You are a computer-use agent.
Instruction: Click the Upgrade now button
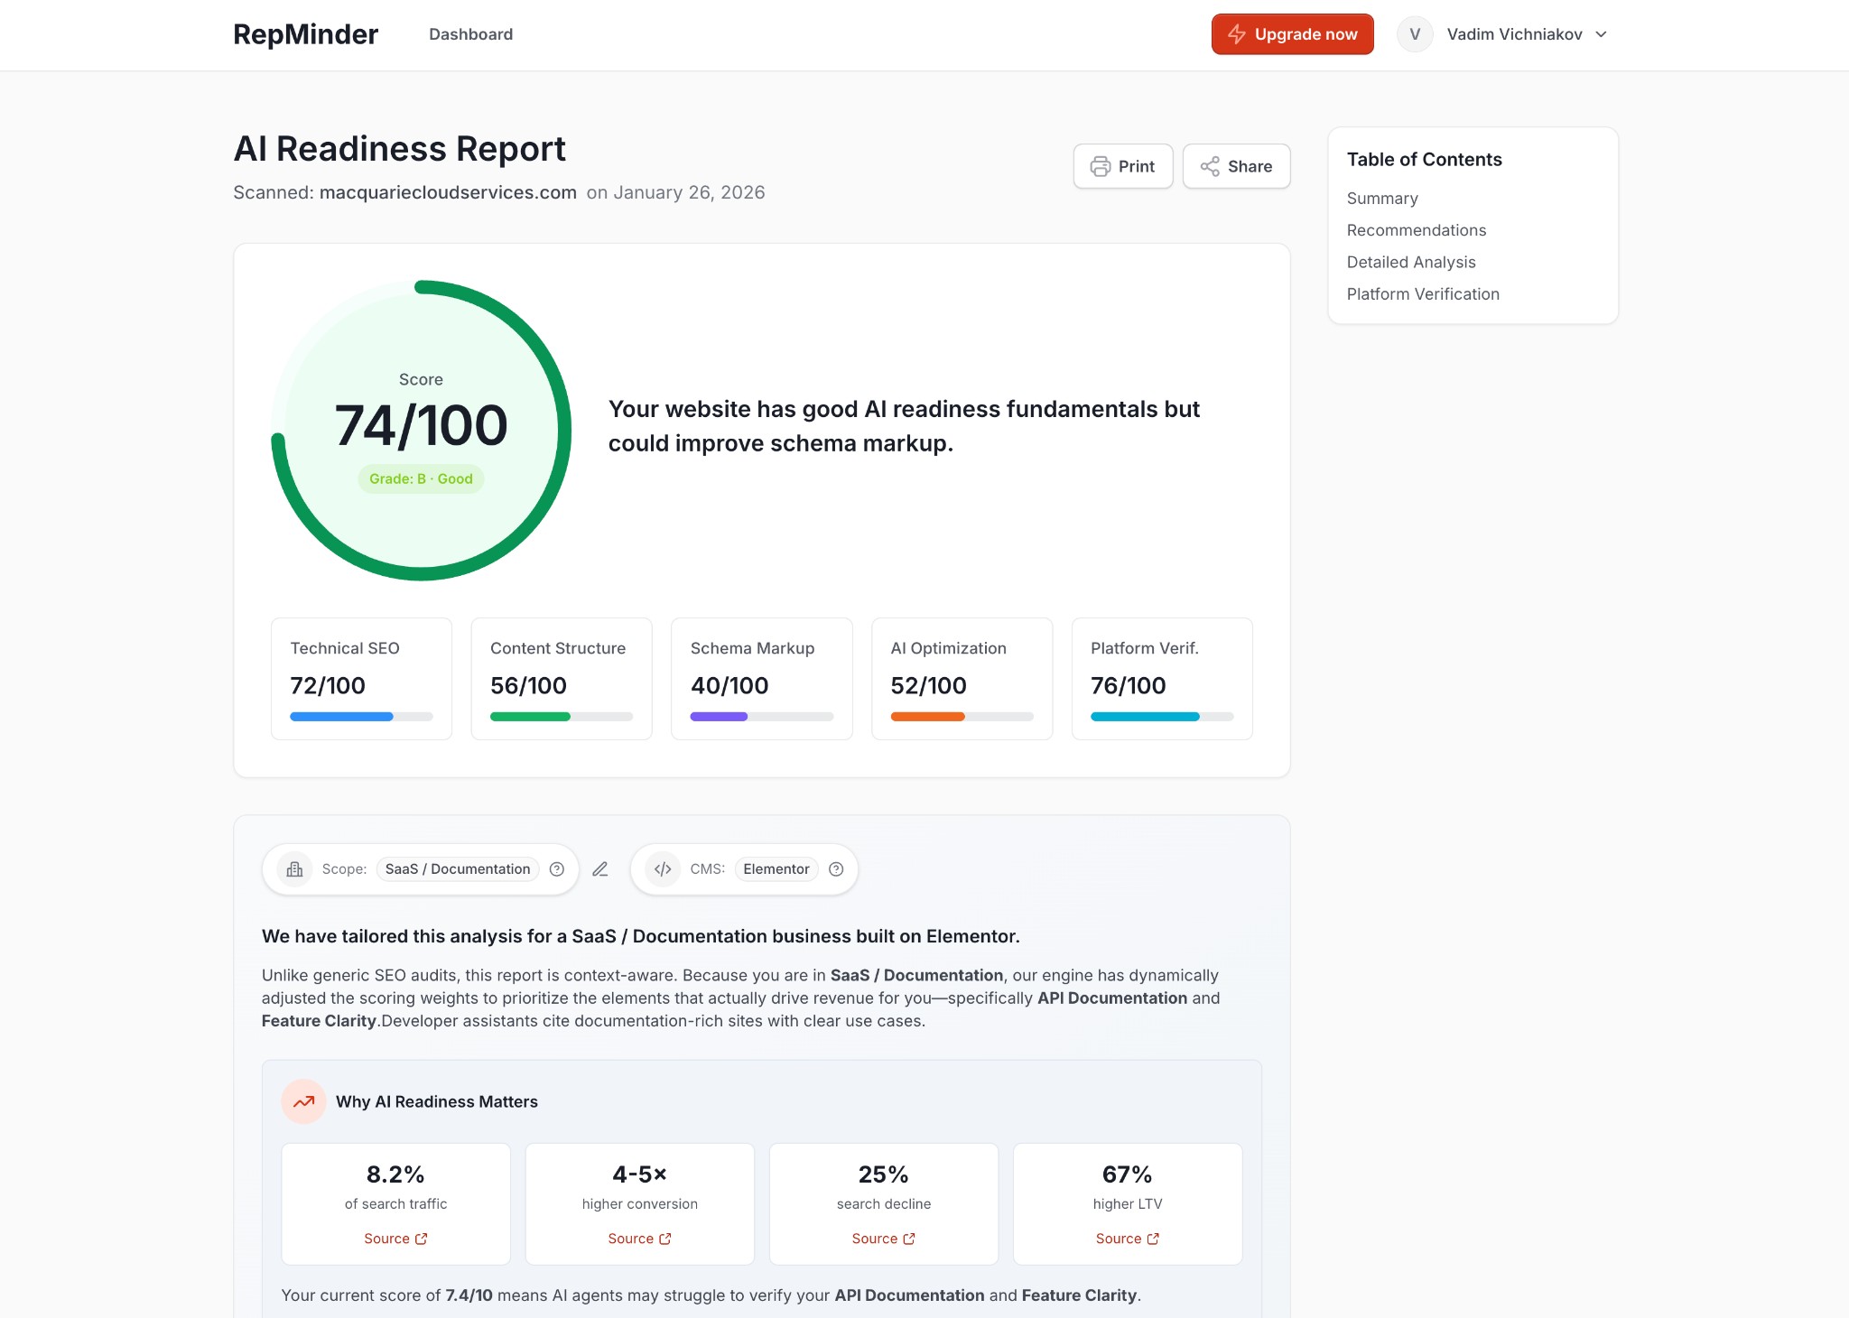click(1292, 34)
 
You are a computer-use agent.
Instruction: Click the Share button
click(1236, 166)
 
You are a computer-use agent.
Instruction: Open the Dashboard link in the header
click(470, 34)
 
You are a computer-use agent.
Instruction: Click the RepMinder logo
click(305, 34)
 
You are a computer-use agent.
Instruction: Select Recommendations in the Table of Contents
click(1416, 230)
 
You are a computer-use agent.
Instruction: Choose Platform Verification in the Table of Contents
click(1422, 294)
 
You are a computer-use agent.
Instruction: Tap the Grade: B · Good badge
click(421, 478)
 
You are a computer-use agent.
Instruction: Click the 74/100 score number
click(421, 425)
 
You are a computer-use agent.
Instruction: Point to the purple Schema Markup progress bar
click(719, 717)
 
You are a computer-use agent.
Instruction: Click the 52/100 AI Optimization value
click(928, 686)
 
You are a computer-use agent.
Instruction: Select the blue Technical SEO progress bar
click(341, 717)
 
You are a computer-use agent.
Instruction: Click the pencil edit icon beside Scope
click(600, 869)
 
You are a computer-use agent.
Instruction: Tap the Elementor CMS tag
click(776, 869)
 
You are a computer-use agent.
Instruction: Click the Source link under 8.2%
click(395, 1239)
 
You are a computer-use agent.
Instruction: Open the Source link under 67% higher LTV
click(1127, 1239)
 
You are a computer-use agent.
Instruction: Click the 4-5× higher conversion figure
click(639, 1174)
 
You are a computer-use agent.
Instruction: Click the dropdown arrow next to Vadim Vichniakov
click(1601, 34)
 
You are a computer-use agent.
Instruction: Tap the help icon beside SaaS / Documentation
click(557, 869)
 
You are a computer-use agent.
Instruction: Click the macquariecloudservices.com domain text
click(448, 192)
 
